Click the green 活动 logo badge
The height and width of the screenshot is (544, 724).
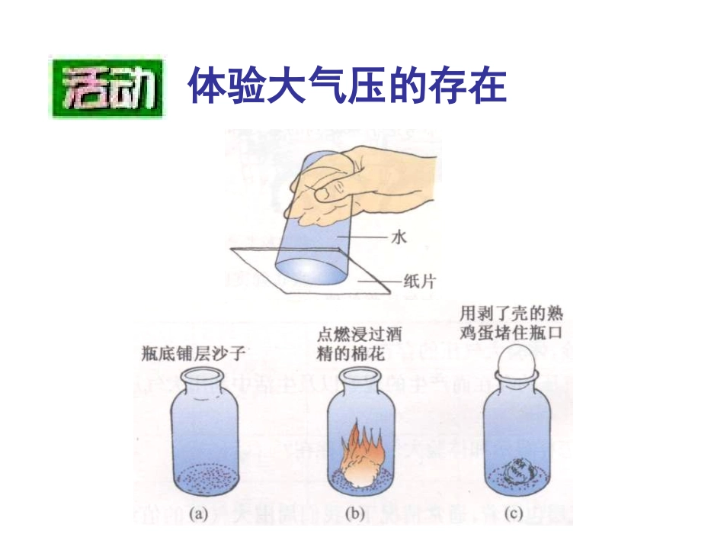point(107,87)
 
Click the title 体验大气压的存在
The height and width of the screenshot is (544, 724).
point(347,86)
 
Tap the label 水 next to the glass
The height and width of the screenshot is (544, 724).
point(400,237)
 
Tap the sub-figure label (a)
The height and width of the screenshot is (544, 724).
point(198,513)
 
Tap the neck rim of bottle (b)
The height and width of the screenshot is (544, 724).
point(359,373)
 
